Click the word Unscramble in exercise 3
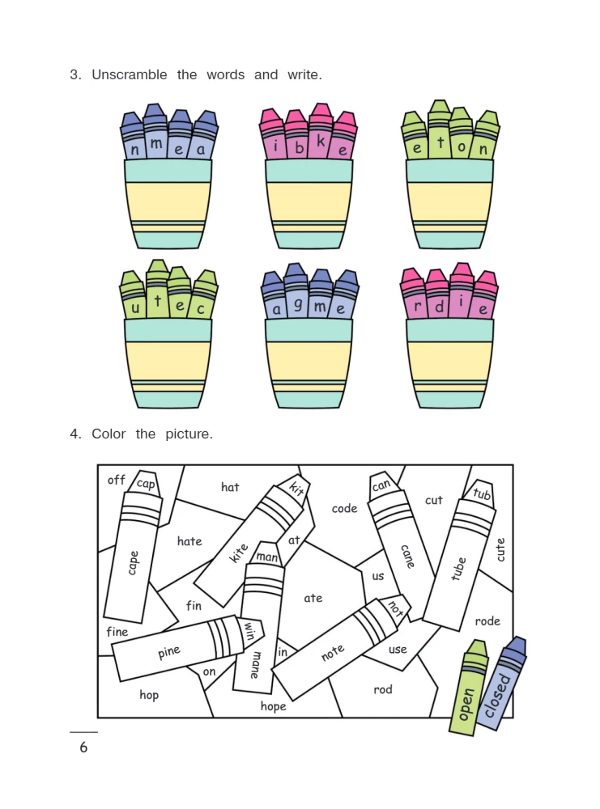[x=129, y=74]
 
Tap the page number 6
[x=83, y=747]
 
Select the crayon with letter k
[x=321, y=132]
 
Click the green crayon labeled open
[x=468, y=688]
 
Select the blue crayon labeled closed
[x=500, y=684]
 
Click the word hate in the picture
[x=189, y=541]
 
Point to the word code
[x=344, y=509]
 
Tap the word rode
[x=487, y=621]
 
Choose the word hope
[x=273, y=706]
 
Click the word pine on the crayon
[x=169, y=653]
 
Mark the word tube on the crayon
[x=458, y=569]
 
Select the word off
[x=116, y=480]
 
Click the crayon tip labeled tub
[x=481, y=493]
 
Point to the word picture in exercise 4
[x=189, y=434]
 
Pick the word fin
[x=194, y=605]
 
